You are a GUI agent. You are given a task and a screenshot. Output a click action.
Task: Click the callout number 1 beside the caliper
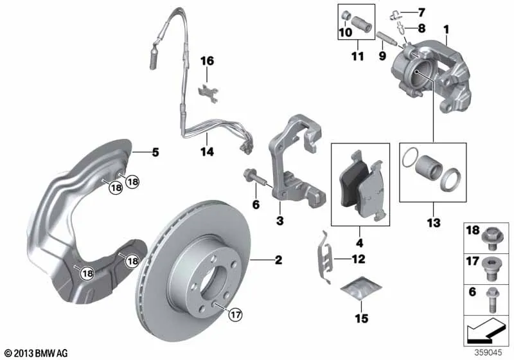coord(446,30)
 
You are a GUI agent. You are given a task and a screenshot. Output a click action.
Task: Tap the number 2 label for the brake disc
coord(278,260)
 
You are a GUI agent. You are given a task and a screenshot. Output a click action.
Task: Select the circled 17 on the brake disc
coord(235,315)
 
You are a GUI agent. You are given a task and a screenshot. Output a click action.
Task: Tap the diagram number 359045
coord(488,353)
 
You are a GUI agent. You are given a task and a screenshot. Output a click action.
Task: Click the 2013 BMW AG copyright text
coord(37,353)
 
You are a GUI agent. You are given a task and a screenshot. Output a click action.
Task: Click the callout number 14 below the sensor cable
coord(208,152)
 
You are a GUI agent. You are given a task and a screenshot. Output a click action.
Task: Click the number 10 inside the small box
coord(346,32)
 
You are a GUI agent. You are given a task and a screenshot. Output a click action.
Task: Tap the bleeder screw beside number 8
coord(400,27)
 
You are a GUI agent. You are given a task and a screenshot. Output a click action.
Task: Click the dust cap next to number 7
coord(394,15)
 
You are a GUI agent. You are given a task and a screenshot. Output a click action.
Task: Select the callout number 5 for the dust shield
coord(155,152)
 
